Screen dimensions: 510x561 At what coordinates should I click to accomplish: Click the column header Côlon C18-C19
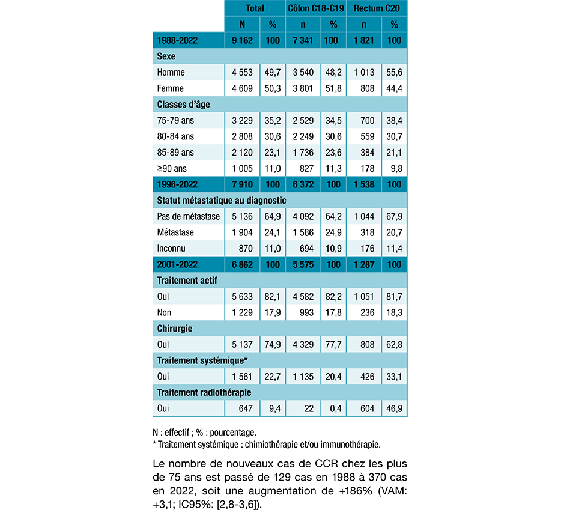(315, 8)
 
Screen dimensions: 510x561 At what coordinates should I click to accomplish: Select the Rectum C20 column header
(377, 8)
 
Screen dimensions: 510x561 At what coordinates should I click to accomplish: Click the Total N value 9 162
(242, 40)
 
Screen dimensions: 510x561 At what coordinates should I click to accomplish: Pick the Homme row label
(171, 72)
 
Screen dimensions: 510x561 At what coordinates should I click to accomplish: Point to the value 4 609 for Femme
(242, 88)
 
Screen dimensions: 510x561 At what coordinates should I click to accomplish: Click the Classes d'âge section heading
(183, 105)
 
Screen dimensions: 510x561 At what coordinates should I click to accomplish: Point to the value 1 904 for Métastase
(242, 232)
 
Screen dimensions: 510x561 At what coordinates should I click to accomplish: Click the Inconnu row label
(172, 248)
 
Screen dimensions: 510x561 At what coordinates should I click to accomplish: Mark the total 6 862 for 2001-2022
(242, 264)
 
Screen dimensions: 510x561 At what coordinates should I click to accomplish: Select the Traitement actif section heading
(187, 281)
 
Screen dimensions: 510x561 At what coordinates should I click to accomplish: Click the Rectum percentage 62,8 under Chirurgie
(395, 345)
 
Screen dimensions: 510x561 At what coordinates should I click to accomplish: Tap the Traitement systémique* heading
(202, 360)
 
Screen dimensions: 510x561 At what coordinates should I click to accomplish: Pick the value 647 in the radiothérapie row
(246, 408)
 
